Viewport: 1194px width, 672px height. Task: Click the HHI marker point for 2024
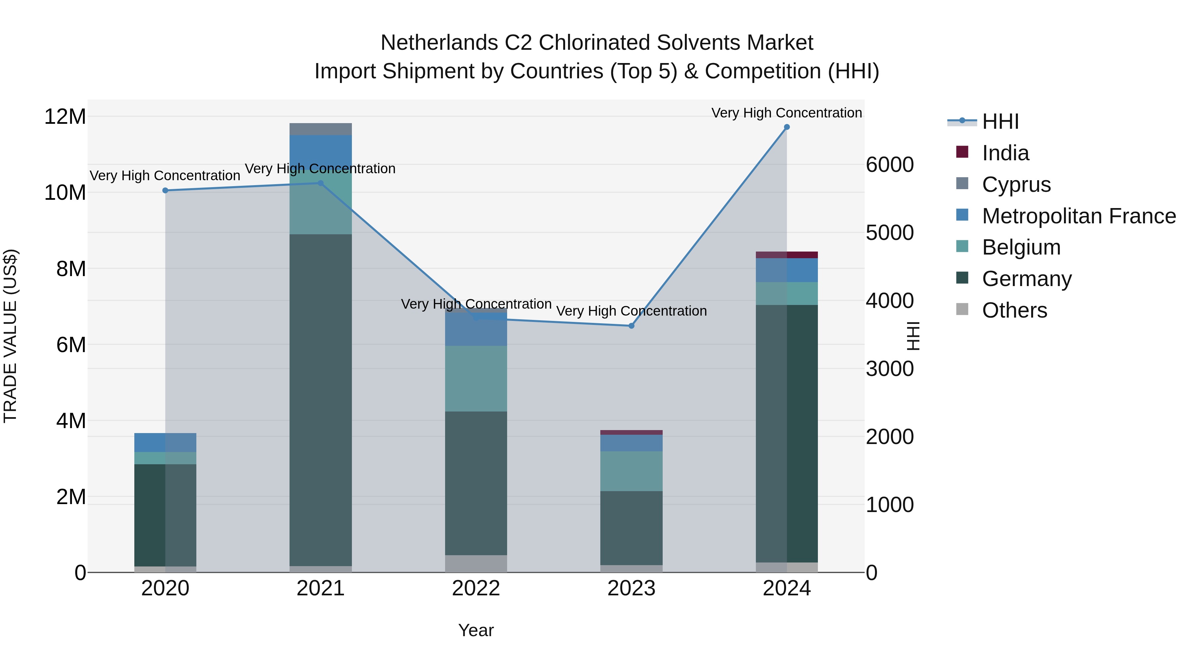coord(787,127)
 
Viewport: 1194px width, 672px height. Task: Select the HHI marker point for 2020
coord(165,190)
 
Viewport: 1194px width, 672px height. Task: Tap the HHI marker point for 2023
coord(631,326)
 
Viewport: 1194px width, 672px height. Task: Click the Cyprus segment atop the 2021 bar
coord(320,129)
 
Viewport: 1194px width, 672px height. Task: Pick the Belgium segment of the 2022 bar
coord(476,378)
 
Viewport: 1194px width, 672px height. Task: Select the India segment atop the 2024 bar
coord(787,255)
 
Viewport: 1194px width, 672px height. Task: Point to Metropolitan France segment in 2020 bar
coord(165,442)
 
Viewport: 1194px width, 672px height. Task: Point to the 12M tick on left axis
coord(65,116)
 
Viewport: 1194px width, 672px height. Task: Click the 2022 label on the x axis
coord(476,588)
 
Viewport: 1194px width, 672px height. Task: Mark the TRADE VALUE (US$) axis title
coord(10,336)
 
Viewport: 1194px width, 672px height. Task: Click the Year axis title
coord(476,630)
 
